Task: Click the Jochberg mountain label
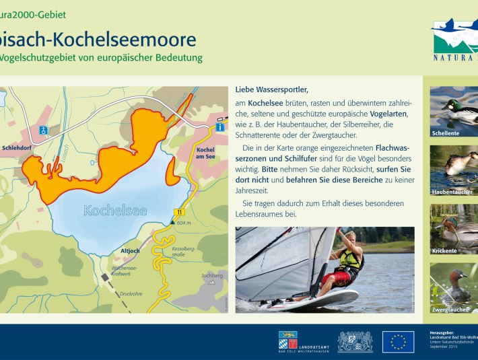tap(211, 275)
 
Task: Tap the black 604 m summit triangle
tap(172, 222)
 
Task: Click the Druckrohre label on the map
tap(132, 294)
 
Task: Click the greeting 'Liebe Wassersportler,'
tap(271, 89)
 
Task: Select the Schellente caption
tap(446, 133)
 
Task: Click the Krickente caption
tap(445, 251)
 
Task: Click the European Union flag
tap(398, 342)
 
